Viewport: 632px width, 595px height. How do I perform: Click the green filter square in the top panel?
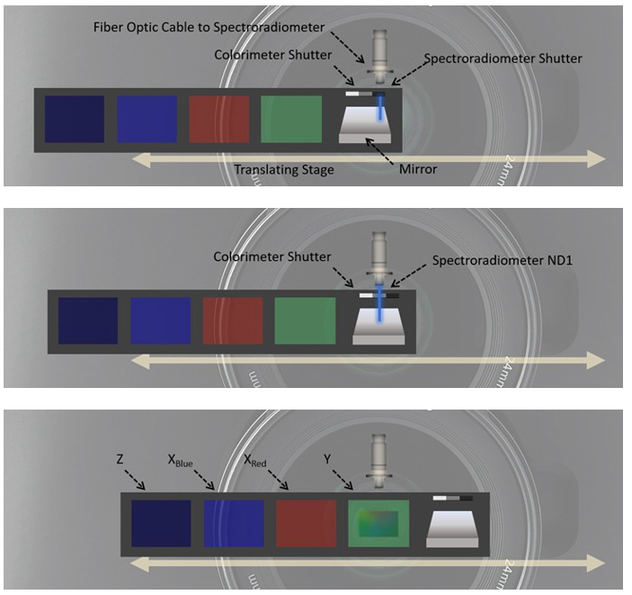coord(291,120)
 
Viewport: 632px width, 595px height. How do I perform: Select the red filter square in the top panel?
coord(219,120)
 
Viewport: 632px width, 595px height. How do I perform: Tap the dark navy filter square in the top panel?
coord(75,120)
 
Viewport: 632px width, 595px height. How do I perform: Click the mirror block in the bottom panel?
coord(451,527)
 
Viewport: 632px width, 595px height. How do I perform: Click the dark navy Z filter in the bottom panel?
coord(161,524)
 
